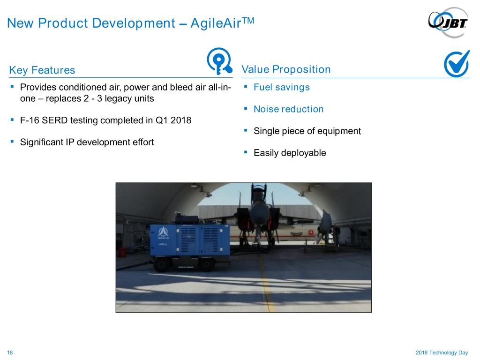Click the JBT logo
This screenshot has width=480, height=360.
448,22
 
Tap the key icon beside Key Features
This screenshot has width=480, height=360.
219,61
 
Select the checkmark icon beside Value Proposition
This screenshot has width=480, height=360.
457,63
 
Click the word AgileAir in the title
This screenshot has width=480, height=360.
216,23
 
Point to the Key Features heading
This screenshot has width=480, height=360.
42,70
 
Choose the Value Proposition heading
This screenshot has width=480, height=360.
286,69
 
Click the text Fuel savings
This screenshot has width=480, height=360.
282,88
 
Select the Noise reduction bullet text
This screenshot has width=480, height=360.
288,109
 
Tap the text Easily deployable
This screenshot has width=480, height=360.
290,153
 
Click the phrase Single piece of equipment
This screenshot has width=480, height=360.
307,131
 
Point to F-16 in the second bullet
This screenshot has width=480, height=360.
30,120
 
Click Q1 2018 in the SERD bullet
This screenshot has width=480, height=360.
173,120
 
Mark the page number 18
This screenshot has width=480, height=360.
10,352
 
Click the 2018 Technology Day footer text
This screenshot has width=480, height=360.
442,352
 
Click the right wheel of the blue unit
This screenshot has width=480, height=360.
207,264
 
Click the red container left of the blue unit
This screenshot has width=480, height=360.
122,253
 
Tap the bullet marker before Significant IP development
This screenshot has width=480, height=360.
12,142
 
